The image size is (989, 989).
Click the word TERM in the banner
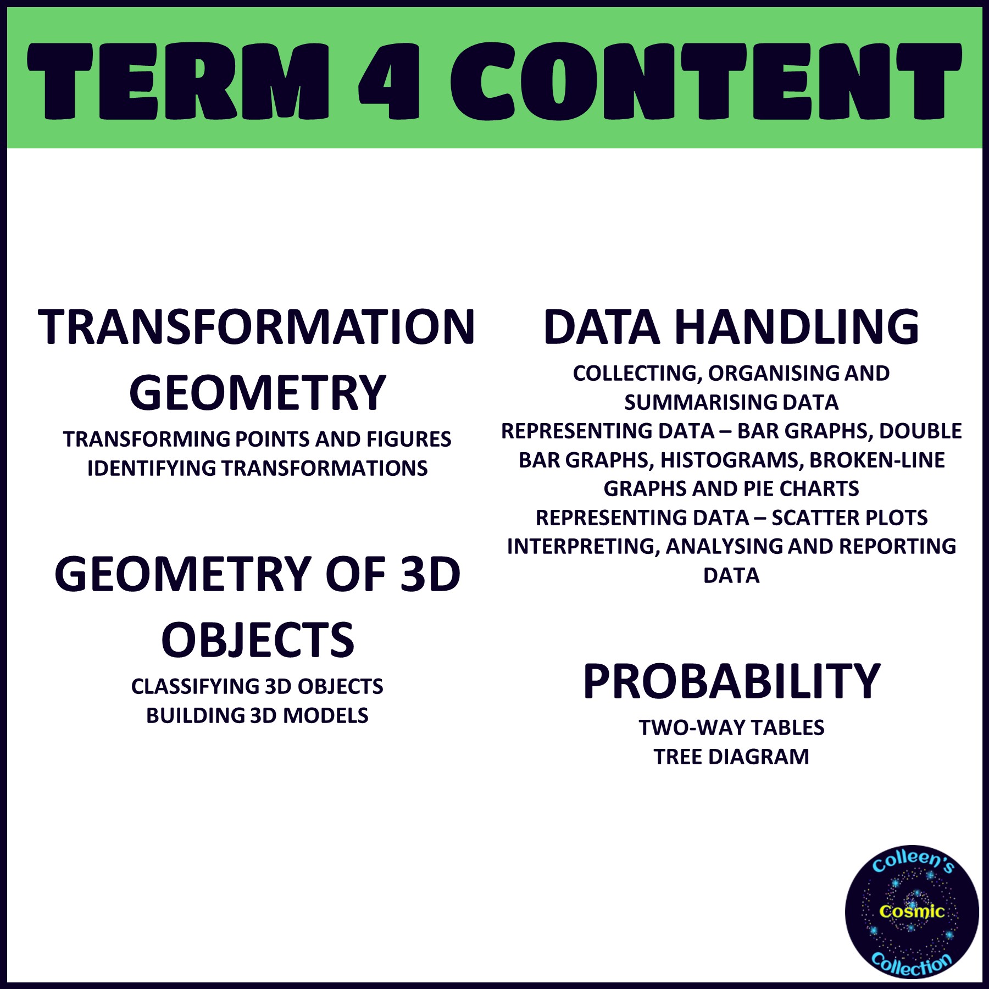pyautogui.click(x=177, y=81)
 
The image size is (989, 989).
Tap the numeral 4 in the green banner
pyautogui.click(x=389, y=81)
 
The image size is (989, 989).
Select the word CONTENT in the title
pyautogui.click(x=706, y=81)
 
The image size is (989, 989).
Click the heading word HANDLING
pyautogui.click(x=797, y=327)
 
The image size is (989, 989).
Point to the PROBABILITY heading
pyautogui.click(x=731, y=681)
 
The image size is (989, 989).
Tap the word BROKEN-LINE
pyautogui.click(x=877, y=460)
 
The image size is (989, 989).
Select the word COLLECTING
pyautogui.click(x=637, y=374)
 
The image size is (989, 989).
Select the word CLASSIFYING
pyautogui.click(x=195, y=687)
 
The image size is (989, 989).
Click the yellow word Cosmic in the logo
pyautogui.click(x=912, y=912)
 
